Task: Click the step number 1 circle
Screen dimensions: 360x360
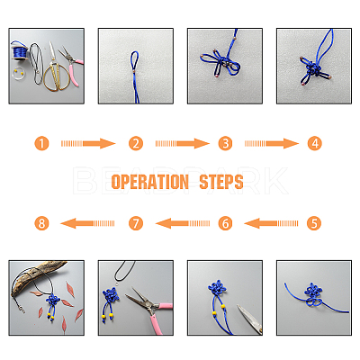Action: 41,143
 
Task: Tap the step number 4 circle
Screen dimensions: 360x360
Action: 314,143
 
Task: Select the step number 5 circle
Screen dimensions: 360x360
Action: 314,223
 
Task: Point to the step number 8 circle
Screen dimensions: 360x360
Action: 41,223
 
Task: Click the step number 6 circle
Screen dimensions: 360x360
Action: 225,223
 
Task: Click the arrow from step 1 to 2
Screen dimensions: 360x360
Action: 88,143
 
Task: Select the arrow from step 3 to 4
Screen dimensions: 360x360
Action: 272,143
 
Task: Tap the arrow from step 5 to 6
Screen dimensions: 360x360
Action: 271,223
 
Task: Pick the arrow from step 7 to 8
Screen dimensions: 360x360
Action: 87,223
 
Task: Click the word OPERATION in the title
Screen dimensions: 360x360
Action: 150,182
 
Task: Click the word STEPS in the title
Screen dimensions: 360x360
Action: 221,182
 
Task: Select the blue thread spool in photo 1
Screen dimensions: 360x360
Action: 20,51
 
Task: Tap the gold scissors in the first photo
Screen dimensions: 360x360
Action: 55,69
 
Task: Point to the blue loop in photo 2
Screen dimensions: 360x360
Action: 135,61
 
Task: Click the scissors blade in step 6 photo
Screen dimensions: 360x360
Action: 249,319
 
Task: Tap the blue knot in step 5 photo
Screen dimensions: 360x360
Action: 313,294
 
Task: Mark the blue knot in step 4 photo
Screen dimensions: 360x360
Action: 313,70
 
